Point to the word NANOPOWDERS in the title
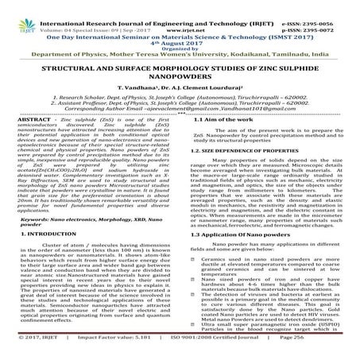click(x=180, y=80)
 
